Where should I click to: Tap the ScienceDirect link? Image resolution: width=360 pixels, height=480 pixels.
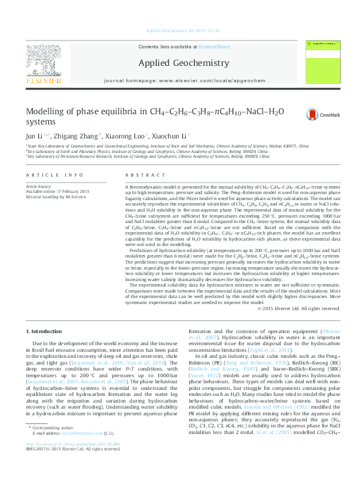tap(214, 47)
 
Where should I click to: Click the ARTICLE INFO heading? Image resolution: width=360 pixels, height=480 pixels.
tap(54, 175)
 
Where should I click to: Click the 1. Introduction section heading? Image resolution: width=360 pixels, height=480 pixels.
tap(45, 331)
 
